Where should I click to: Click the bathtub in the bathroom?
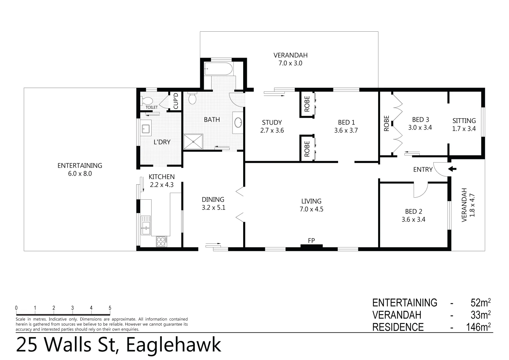(218, 69)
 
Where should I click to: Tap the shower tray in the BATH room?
(194, 142)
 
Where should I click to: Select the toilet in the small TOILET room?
(147, 100)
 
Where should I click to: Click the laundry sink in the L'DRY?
(146, 128)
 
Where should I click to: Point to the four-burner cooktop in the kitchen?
(162, 241)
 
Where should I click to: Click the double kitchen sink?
(146, 225)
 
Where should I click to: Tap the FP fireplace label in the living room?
(311, 240)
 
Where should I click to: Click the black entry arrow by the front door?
(452, 169)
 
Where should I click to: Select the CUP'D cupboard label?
(176, 101)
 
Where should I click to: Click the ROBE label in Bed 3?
(386, 123)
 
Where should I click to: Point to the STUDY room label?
(272, 122)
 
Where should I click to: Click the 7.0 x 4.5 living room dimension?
(311, 209)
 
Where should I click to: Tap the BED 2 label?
(413, 211)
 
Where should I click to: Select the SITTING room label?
(464, 121)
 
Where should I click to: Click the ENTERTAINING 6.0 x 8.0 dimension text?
(80, 174)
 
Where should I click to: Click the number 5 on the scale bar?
(110, 308)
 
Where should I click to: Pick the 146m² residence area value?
(479, 327)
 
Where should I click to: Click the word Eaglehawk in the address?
(174, 345)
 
